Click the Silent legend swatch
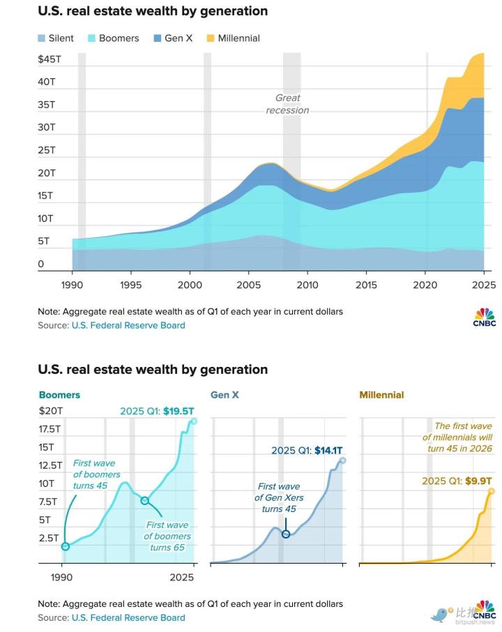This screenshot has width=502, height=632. [42, 38]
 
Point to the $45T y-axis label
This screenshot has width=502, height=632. [50, 59]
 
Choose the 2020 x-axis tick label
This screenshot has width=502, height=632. [425, 285]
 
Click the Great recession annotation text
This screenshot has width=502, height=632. [287, 104]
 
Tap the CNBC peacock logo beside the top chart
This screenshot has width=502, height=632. [484, 316]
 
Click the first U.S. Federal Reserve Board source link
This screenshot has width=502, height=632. [128, 325]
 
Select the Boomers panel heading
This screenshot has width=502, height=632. [59, 395]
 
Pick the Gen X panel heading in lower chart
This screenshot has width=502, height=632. [225, 395]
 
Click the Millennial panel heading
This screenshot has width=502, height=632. [381, 395]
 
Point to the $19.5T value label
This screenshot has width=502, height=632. [179, 411]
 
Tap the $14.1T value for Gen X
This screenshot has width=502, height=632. [324, 451]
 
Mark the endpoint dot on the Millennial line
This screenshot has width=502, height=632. [492, 491]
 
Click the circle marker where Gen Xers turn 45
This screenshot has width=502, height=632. [286, 533]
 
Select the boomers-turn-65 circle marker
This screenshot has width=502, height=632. [144, 500]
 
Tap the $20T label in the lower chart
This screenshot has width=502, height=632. [51, 411]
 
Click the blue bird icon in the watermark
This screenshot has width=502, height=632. [440, 615]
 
